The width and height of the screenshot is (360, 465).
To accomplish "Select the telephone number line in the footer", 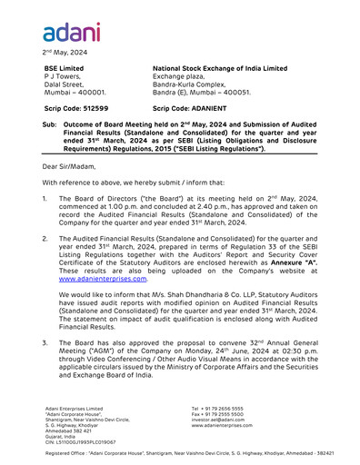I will [x=217, y=409].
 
